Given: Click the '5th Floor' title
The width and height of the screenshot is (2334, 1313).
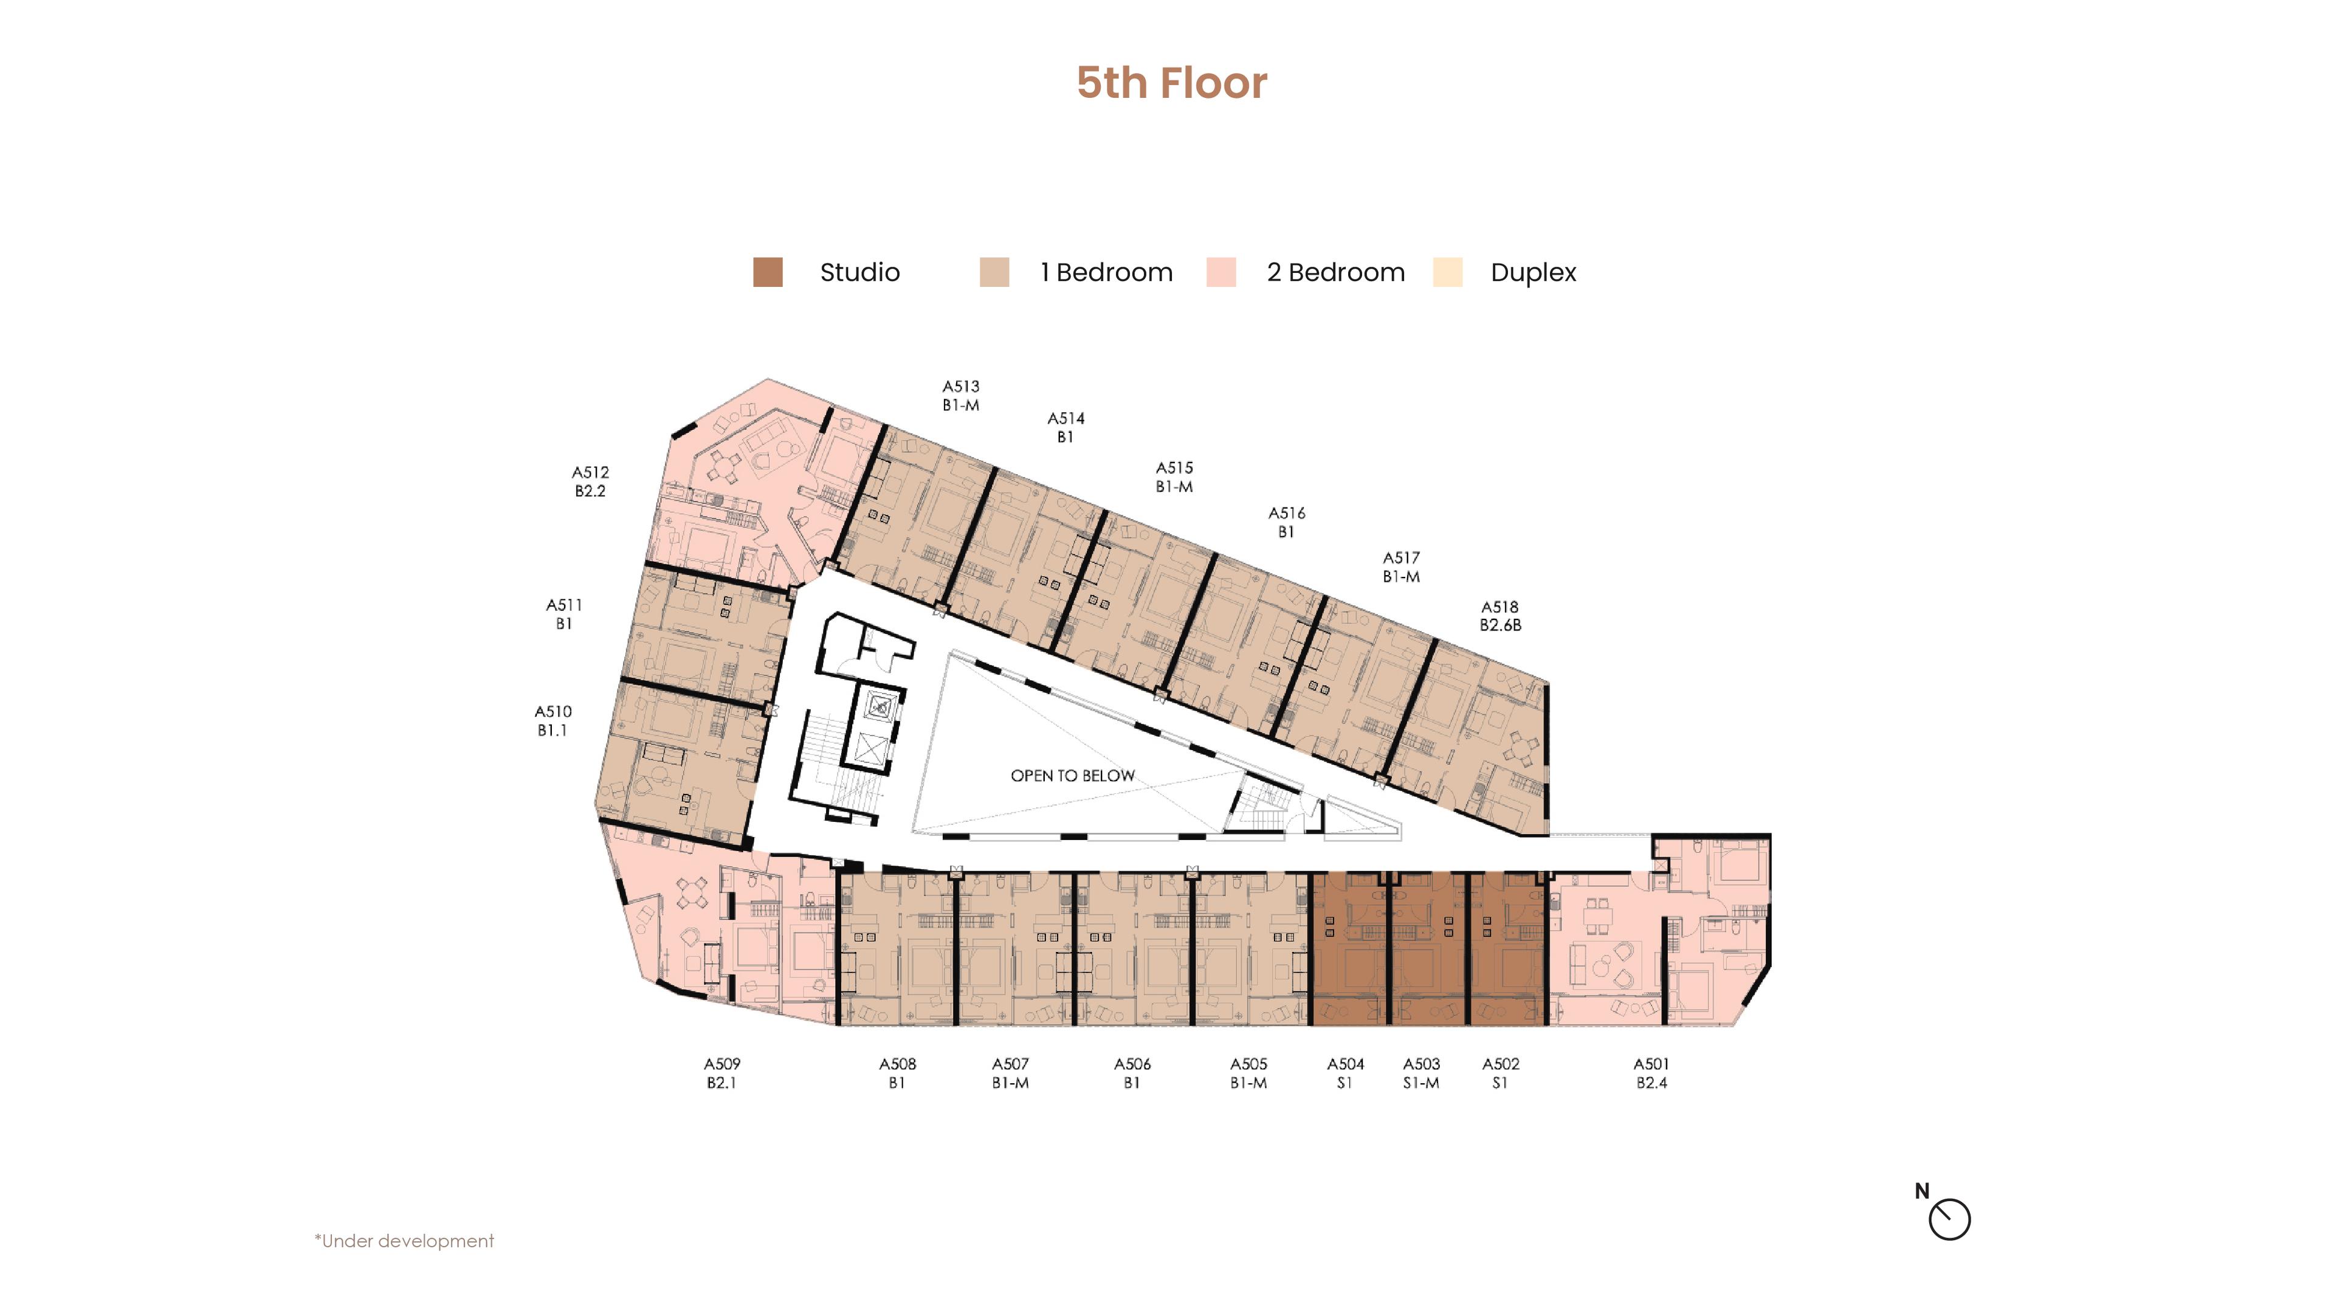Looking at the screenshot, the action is coord(1171,83).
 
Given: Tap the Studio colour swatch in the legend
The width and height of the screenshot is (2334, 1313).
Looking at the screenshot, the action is coord(768,272).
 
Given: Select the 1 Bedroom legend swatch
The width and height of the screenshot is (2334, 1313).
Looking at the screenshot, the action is coord(994,272).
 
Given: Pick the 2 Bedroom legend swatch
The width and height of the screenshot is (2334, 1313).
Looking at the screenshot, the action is coord(1220,272).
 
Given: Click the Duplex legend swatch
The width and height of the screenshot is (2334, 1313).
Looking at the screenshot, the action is coord(1447,272).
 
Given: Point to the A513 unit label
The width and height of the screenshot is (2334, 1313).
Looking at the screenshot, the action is coord(960,395).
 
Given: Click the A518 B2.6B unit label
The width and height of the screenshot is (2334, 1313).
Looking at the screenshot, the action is coord(1501,615).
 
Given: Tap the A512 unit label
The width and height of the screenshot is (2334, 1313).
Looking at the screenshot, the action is coord(590,481).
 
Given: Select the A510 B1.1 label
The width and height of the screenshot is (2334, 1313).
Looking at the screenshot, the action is coord(553,720).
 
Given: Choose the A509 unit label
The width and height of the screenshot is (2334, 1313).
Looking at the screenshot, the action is coord(722,1073).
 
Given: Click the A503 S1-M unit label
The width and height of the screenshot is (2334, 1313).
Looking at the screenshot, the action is coord(1420,1073).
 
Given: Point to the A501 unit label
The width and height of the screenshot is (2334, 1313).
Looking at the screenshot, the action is coord(1651,1073).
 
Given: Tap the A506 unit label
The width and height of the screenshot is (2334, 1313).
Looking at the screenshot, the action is coord(1132,1073).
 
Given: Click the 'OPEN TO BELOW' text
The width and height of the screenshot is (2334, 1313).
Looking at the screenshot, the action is coord(1073,776).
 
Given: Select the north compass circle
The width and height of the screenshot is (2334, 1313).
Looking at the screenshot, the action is coord(1949,1219).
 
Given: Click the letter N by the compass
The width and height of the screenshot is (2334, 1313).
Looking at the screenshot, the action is coord(1922,1191).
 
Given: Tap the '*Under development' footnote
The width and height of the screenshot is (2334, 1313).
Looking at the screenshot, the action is coord(404,1241).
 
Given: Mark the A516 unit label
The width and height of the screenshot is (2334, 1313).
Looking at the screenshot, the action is coord(1287,522).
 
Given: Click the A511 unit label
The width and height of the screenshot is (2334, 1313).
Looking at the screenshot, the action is coord(563,613).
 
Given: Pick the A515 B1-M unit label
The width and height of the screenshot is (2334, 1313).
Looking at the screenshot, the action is coord(1174,477).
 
